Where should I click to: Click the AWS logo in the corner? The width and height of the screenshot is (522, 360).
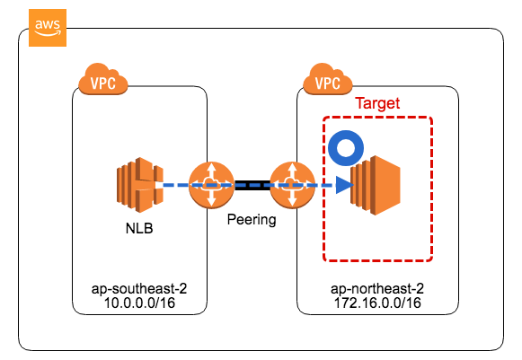(46, 28)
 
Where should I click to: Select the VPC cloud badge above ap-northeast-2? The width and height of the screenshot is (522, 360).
(328, 81)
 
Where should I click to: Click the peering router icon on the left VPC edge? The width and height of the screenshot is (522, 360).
(212, 186)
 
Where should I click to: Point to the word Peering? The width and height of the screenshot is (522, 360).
(252, 219)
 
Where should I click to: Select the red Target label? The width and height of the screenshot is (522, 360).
(377, 104)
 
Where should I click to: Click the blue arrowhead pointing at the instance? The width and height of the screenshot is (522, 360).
(341, 186)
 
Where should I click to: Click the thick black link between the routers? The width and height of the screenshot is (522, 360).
(252, 186)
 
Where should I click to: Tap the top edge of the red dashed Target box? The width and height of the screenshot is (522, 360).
(377, 118)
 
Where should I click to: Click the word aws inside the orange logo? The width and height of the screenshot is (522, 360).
(46, 24)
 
